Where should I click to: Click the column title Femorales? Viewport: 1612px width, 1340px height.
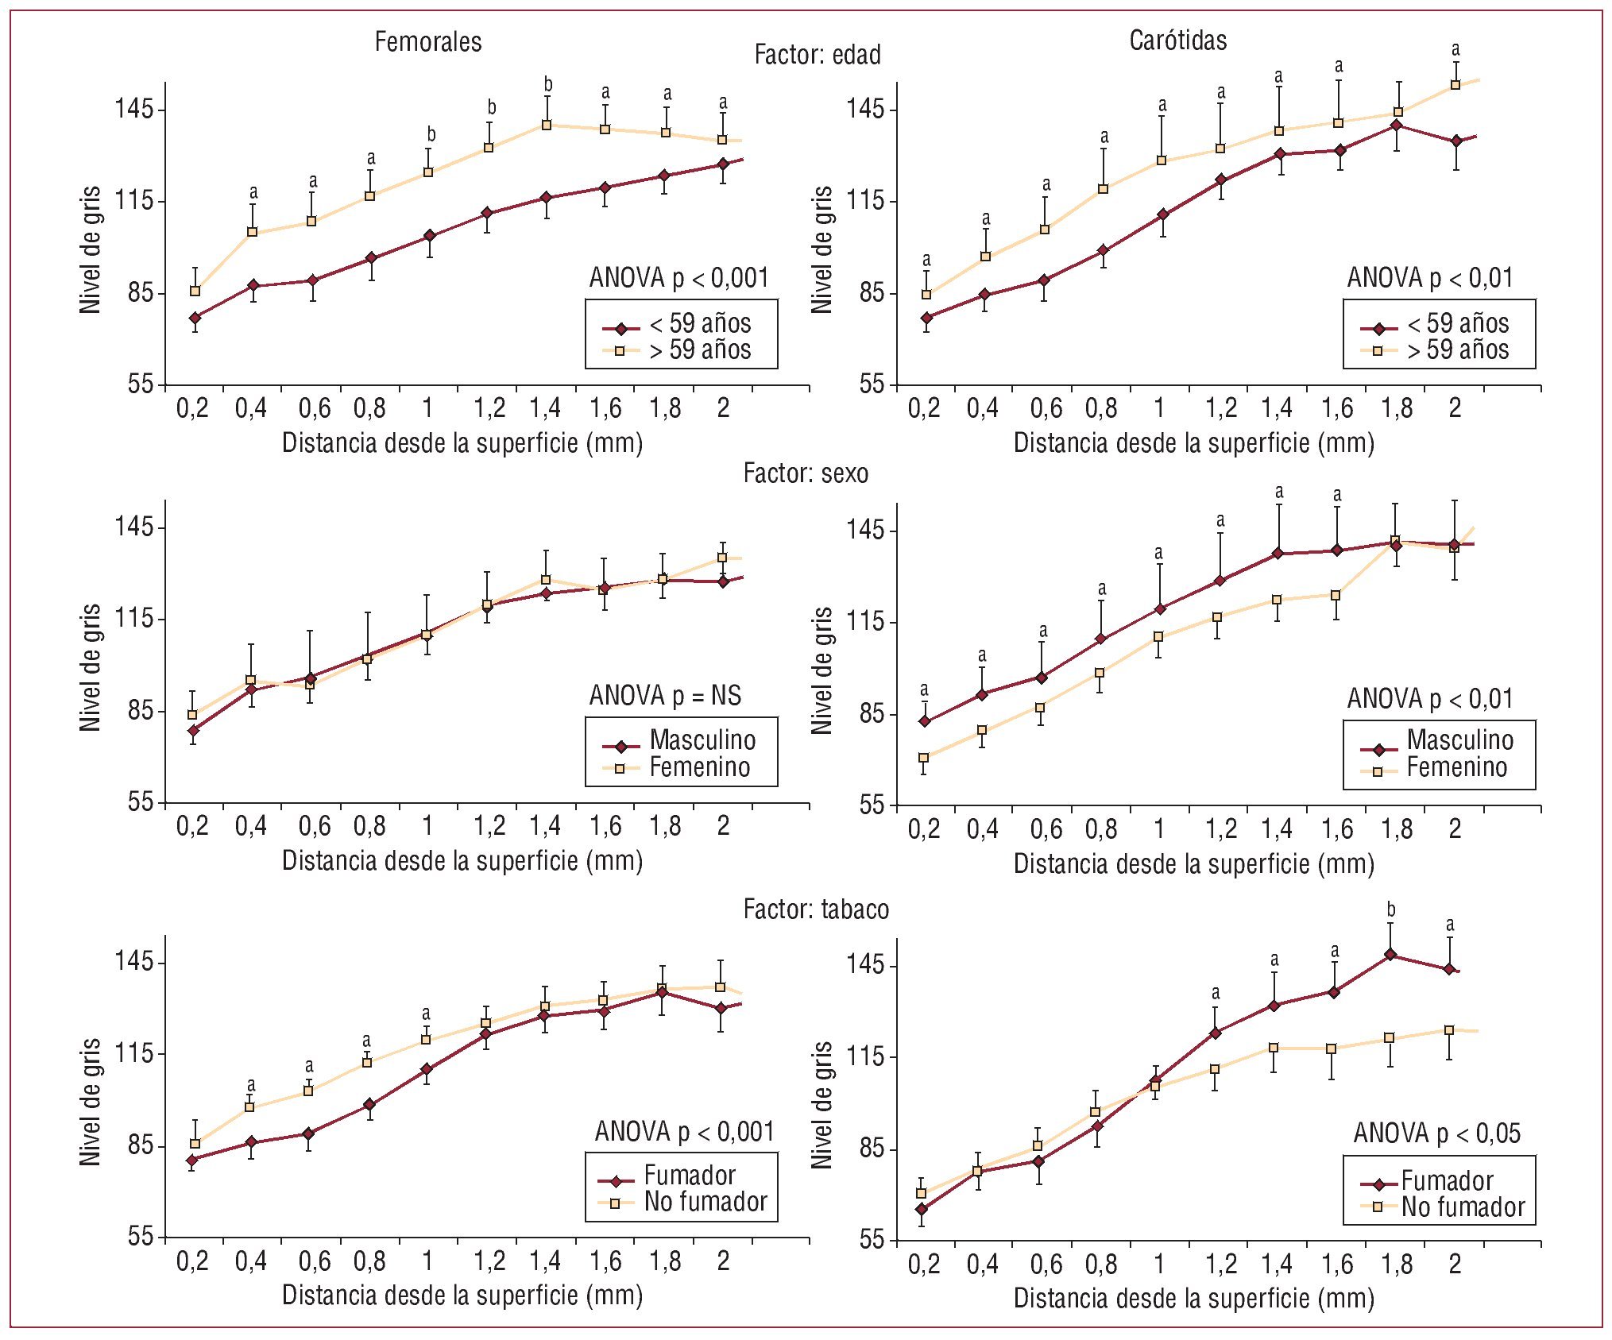pos(428,42)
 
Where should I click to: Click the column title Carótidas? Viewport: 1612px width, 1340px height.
pos(1177,41)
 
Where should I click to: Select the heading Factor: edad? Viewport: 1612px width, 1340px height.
pos(818,55)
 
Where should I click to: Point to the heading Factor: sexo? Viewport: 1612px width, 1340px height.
pos(806,473)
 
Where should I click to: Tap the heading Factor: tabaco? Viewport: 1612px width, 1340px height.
pos(816,909)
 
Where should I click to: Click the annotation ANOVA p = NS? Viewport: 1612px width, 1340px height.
pos(665,696)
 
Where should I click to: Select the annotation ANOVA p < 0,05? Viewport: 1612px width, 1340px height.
pos(1436,1133)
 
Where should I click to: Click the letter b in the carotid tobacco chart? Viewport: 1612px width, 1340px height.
pos(1390,909)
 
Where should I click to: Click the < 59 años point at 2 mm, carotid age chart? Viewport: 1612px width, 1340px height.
pos(1456,141)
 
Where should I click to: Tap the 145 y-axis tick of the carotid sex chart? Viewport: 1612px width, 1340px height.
pos(865,530)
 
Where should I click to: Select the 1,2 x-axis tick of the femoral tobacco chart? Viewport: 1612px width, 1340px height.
pos(489,1261)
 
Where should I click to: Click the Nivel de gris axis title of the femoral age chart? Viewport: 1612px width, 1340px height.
pos(91,250)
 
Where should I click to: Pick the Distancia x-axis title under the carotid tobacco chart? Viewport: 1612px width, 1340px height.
pos(1193,1299)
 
